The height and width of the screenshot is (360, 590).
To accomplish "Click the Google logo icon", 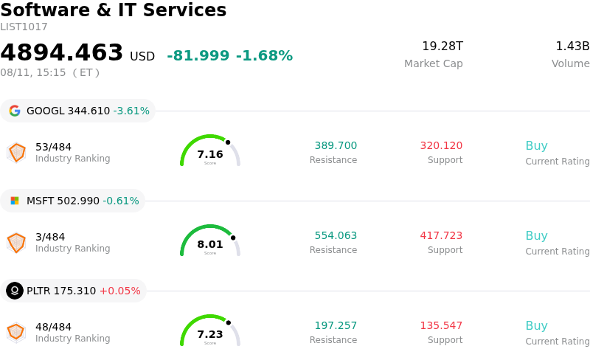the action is [15, 111].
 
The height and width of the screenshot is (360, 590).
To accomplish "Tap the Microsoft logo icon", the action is [15, 201].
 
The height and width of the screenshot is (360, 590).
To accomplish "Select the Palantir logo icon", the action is [15, 291].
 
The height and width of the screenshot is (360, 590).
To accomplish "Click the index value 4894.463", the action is [62, 52].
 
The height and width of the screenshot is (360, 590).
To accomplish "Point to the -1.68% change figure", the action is [264, 55].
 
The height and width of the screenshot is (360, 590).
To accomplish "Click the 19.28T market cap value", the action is [442, 46].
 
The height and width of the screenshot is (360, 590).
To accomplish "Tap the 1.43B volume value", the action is [572, 46].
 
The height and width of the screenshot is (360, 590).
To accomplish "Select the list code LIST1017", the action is [24, 27].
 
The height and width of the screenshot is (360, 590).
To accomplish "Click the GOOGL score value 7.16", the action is [210, 154].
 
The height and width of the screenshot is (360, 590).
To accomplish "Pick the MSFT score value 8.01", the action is [210, 244].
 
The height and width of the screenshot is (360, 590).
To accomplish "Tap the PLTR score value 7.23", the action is [210, 334].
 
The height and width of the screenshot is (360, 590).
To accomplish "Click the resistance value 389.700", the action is [336, 145].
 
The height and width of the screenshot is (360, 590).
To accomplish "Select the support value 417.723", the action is [441, 235].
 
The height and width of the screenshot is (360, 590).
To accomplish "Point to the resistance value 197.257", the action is [336, 325].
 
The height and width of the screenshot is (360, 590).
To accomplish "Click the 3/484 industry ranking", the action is [50, 237].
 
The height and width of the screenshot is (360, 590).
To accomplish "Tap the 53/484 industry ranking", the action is [53, 147].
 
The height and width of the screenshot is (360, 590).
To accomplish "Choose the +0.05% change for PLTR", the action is [119, 291].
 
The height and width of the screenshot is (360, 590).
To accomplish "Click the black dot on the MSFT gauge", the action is [233, 238].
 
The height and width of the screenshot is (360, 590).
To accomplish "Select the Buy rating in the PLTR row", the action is [537, 326].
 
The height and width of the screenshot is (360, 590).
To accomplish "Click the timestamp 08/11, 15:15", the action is [33, 72].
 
